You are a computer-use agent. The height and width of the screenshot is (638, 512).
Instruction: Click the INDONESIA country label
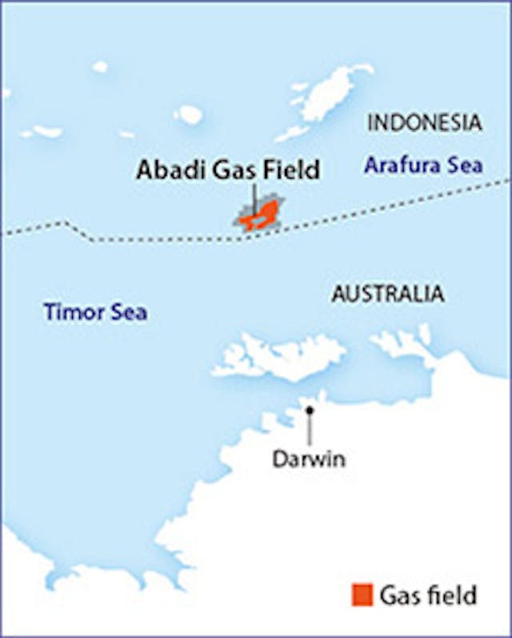pyautogui.click(x=425, y=123)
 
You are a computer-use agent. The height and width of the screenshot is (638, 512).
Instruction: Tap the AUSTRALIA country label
pyautogui.click(x=388, y=294)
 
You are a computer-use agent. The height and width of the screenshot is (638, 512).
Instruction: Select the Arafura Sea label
pyautogui.click(x=423, y=167)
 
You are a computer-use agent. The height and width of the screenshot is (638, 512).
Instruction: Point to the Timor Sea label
pyautogui.click(x=95, y=311)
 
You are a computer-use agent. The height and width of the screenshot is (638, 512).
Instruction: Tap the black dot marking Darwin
pyautogui.click(x=310, y=410)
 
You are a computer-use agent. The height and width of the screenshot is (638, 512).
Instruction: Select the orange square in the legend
pyautogui.click(x=362, y=595)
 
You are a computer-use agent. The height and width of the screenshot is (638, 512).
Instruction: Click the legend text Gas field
pyautogui.click(x=428, y=596)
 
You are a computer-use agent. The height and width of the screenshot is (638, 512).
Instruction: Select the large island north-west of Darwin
pyautogui.click(x=280, y=357)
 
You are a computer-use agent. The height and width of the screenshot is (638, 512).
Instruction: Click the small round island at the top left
pyautogui.click(x=100, y=67)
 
